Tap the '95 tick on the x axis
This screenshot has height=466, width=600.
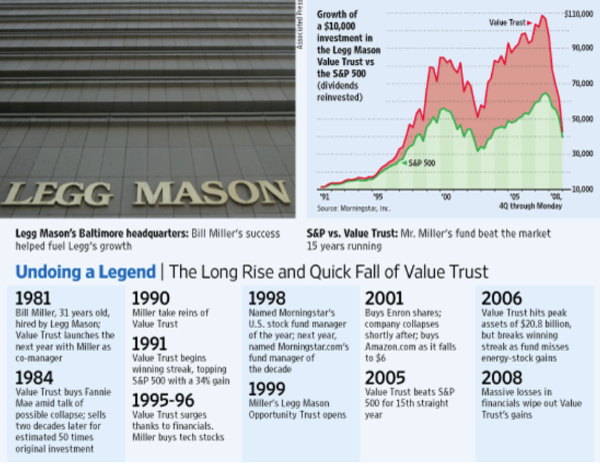coord(378,197)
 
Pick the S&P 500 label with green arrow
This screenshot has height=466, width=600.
coord(421,162)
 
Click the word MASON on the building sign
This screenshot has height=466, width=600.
coord(211,193)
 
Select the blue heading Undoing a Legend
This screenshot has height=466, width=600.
coord(85,272)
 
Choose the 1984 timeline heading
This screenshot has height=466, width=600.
coord(33,378)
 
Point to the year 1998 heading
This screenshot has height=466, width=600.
coord(267,299)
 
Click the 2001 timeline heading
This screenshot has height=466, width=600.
coord(384,299)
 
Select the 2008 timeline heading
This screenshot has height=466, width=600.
coord(501,378)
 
